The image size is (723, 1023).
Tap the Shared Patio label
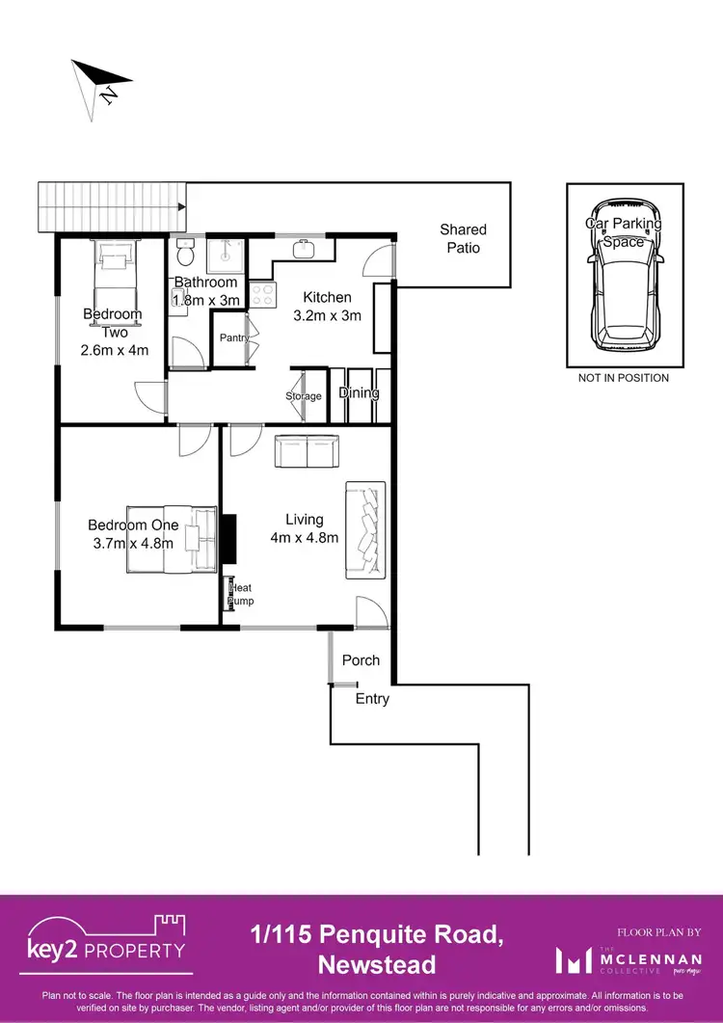[x=463, y=238]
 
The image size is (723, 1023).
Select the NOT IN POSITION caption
[x=623, y=378]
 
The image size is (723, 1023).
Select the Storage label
[x=304, y=396]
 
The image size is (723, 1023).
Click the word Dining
[x=358, y=393]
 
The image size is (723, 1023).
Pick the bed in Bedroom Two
[x=113, y=276]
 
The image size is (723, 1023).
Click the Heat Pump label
[x=239, y=594]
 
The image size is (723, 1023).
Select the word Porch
[x=361, y=660]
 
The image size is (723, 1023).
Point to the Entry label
[x=372, y=699]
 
